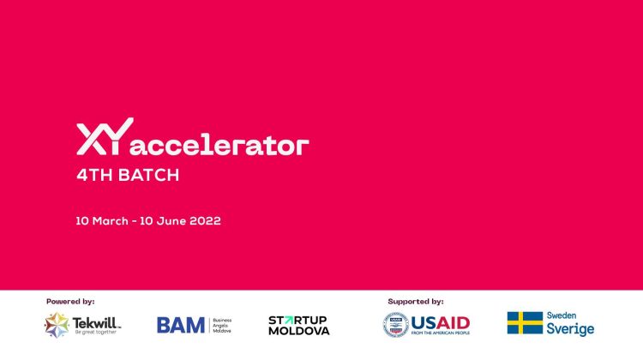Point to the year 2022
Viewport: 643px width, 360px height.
pyautogui.click(x=204, y=220)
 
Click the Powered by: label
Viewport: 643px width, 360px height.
pyautogui.click(x=70, y=301)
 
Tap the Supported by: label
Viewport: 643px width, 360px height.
pyautogui.click(x=416, y=301)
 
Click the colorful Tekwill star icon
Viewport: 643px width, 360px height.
pyautogui.click(x=57, y=325)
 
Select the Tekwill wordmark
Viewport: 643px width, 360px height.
pyautogui.click(x=96, y=322)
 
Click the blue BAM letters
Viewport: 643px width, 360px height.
pyautogui.click(x=181, y=325)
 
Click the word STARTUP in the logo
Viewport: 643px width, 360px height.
pyautogui.click(x=298, y=320)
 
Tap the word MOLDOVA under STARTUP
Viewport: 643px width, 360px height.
pyautogui.click(x=298, y=331)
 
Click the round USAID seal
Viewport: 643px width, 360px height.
pyautogui.click(x=396, y=325)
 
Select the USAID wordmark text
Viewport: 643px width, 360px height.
pyautogui.click(x=442, y=322)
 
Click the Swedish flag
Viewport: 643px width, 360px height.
pyautogui.click(x=524, y=323)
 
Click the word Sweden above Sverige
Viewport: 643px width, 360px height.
pyautogui.click(x=562, y=315)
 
